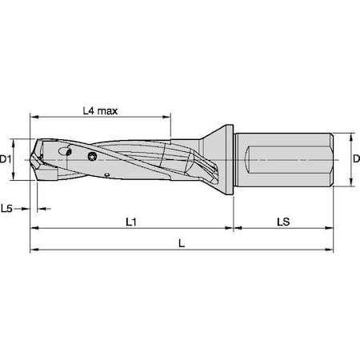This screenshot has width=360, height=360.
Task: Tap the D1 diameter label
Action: [x=8, y=160]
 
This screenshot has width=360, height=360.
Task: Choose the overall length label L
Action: [x=182, y=243]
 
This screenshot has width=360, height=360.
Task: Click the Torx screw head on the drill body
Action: [x=94, y=157]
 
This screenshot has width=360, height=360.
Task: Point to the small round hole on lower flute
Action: [x=106, y=173]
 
